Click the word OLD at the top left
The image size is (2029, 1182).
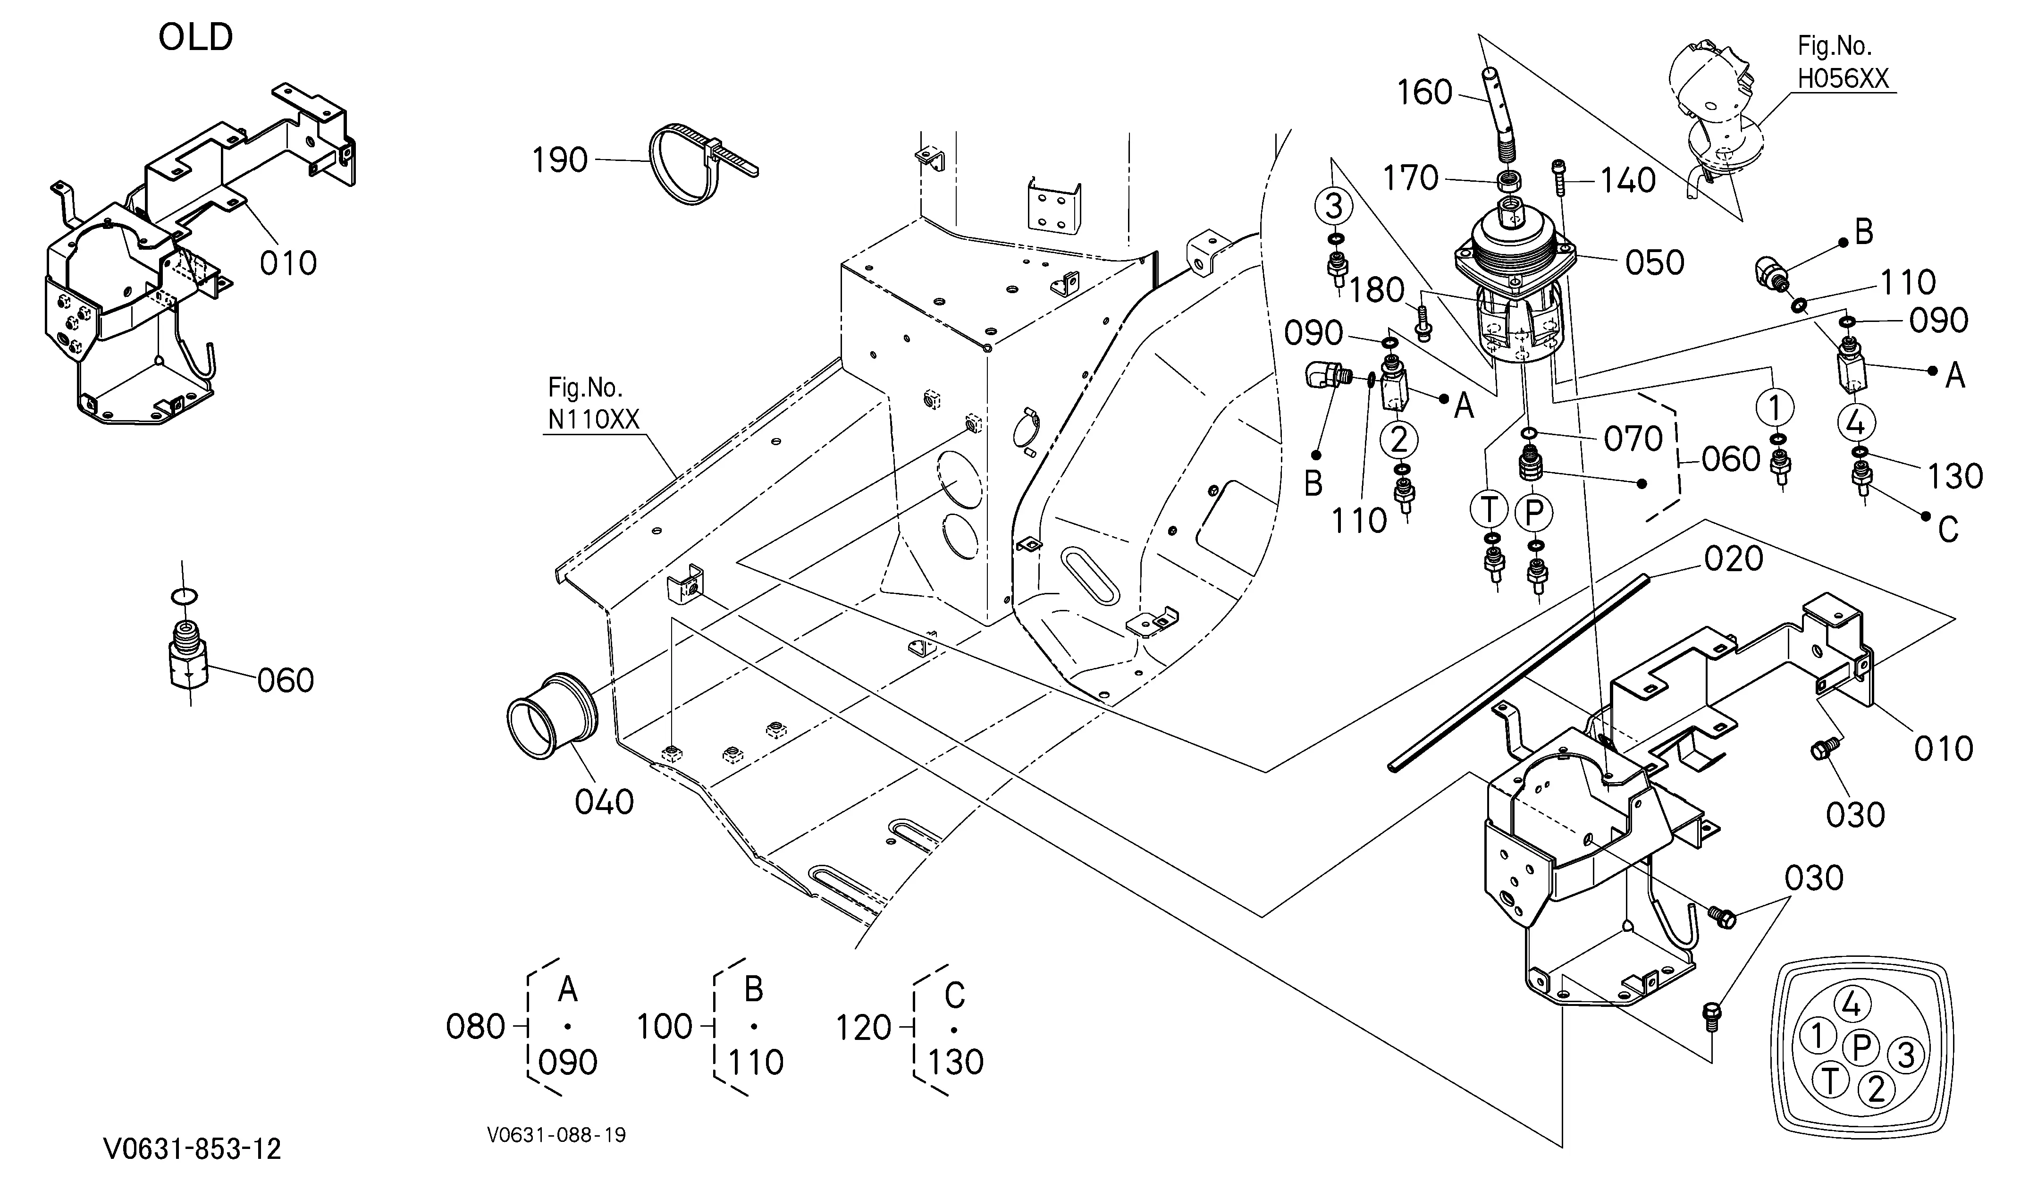(196, 37)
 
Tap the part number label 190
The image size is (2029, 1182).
(560, 160)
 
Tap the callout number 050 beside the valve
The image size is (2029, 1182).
(1655, 262)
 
